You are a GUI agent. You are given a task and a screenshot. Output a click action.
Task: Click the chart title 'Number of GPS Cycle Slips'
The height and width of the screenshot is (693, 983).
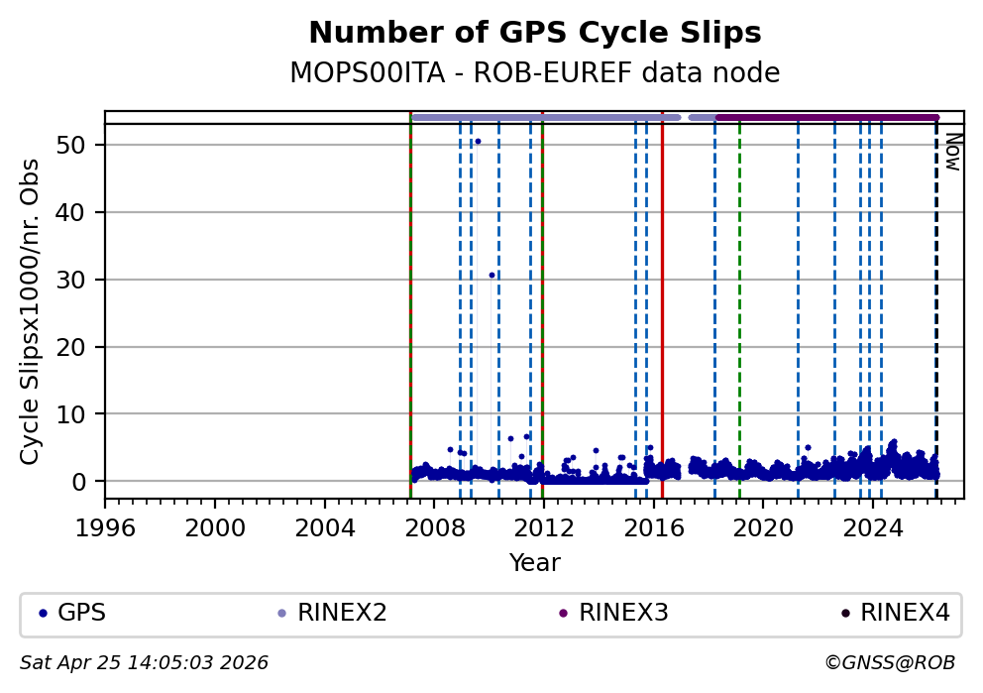(x=535, y=33)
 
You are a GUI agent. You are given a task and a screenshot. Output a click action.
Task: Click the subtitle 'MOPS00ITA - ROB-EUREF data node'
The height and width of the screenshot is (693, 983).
(x=535, y=73)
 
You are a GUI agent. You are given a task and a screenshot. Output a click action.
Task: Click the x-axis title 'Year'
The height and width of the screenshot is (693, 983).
(x=535, y=563)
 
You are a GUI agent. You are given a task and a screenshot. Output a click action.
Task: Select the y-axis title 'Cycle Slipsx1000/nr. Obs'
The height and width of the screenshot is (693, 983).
(x=31, y=311)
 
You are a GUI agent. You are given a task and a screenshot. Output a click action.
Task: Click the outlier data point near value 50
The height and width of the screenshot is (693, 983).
(x=478, y=141)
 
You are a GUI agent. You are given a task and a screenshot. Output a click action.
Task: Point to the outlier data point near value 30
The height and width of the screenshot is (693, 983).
(x=491, y=275)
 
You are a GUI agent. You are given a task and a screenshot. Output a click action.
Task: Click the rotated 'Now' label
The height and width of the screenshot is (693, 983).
(x=952, y=152)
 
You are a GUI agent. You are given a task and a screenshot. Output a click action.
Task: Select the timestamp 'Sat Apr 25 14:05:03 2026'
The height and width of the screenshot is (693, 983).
(x=145, y=662)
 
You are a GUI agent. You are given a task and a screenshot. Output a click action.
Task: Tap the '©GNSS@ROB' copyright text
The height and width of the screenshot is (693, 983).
(x=889, y=662)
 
